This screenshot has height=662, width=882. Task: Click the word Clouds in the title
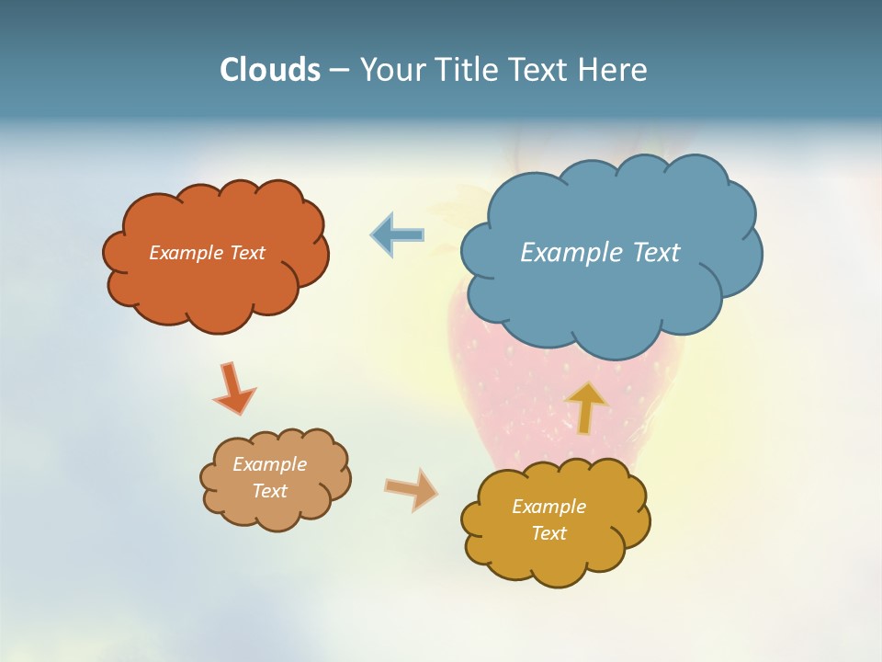[270, 70]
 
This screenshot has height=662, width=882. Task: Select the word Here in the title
[612, 70]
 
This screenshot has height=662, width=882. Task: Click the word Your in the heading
[391, 70]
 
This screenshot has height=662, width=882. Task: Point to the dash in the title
[339, 71]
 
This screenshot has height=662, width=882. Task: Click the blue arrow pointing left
[397, 235]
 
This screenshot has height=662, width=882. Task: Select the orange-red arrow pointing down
[232, 388]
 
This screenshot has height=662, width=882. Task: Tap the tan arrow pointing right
[412, 489]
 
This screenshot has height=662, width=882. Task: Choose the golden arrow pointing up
[586, 406]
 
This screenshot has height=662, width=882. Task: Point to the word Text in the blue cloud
[656, 253]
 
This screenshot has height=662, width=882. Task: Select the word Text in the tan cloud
[269, 491]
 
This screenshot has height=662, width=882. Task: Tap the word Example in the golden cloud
[548, 507]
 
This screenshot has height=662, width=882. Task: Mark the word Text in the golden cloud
[548, 533]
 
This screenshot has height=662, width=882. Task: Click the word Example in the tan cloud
[269, 464]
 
